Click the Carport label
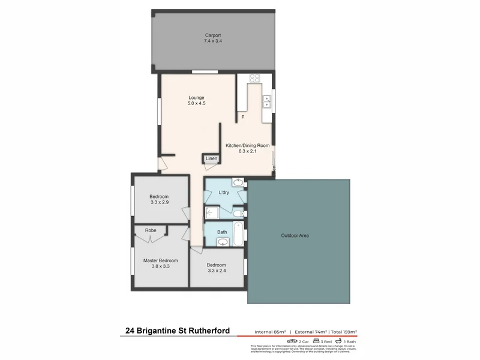(x=214, y=35)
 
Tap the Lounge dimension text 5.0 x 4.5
(x=196, y=104)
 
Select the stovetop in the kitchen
(x=254, y=77)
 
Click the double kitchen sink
(x=267, y=101)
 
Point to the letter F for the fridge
(x=243, y=117)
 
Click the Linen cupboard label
(x=211, y=158)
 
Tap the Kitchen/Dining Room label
(x=247, y=145)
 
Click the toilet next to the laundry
(x=239, y=213)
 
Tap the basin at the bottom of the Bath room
(x=223, y=242)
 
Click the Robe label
(x=151, y=230)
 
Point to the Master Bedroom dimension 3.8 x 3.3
(x=161, y=268)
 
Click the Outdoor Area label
(x=295, y=236)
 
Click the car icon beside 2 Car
(x=293, y=341)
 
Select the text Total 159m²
(x=343, y=332)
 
